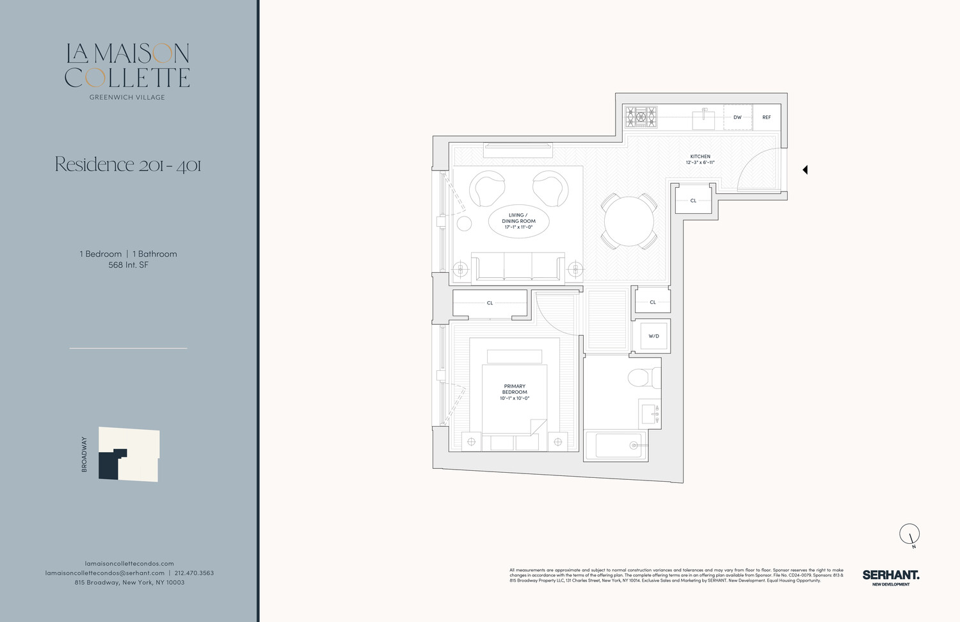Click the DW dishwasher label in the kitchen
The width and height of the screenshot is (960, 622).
pyautogui.click(x=737, y=118)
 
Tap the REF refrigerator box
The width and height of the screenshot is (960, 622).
pyautogui.click(x=766, y=118)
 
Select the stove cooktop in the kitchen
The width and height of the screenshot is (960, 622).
pyautogui.click(x=641, y=117)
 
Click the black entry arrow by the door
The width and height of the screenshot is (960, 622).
pyautogui.click(x=805, y=170)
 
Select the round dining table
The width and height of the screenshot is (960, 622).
pyautogui.click(x=628, y=222)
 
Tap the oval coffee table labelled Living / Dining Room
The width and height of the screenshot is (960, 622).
pyautogui.click(x=518, y=222)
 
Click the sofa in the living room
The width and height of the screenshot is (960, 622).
pyautogui.click(x=518, y=267)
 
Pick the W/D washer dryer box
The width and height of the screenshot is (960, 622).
pyautogui.click(x=653, y=336)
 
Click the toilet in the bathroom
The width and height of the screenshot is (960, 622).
pyautogui.click(x=643, y=377)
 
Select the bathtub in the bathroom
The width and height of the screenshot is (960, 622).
pyautogui.click(x=618, y=445)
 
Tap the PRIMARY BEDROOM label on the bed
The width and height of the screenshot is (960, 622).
pyautogui.click(x=515, y=389)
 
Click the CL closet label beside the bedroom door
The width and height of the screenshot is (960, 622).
pyautogui.click(x=490, y=303)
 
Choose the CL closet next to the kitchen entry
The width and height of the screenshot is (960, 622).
pyautogui.click(x=693, y=201)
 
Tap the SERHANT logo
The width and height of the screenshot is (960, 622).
pyautogui.click(x=890, y=577)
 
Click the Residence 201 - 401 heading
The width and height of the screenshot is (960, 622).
pyautogui.click(x=128, y=165)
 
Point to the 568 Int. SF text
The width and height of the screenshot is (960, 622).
pyautogui.click(x=128, y=265)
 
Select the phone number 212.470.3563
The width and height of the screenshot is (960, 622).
pyautogui.click(x=194, y=573)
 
